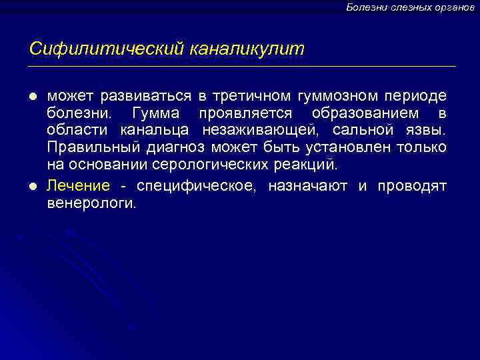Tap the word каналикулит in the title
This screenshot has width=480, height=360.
point(247,49)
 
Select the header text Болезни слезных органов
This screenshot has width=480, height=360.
point(410,7)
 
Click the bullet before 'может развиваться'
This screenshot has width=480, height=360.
point(33,97)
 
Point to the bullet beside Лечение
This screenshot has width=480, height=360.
point(33,186)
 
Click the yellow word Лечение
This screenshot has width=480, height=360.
point(69,186)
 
